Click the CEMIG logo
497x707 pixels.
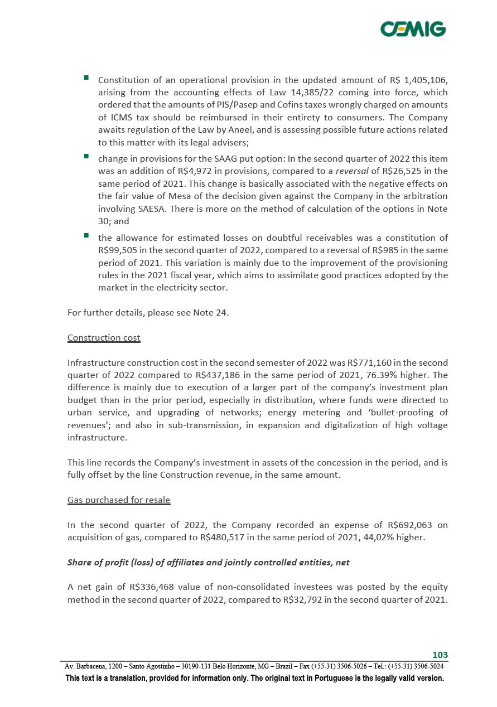tap(413, 29)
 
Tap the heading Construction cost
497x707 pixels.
tap(104, 338)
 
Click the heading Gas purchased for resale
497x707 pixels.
tap(119, 500)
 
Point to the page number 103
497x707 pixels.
tap(440, 655)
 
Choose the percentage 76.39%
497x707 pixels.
tap(399, 375)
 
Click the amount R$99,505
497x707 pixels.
tap(120, 250)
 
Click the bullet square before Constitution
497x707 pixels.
tap(87, 78)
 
